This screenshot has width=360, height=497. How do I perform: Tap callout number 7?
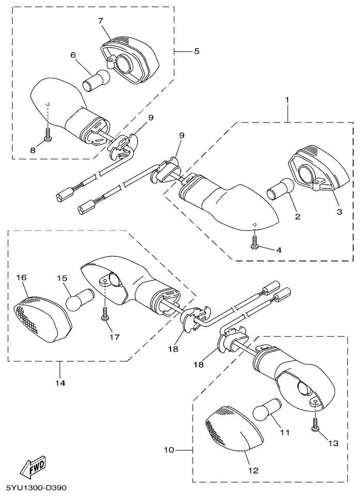pos(101,21)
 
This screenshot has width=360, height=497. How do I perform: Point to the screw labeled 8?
pos(47,137)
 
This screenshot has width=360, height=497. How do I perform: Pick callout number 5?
pos(197,51)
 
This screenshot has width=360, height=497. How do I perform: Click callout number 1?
pos(287,99)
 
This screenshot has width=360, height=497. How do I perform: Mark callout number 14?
pos(60,383)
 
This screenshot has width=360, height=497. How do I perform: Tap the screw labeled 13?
pos(315,425)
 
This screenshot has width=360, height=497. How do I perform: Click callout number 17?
pos(114,337)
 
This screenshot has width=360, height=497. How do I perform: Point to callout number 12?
pos(253,471)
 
